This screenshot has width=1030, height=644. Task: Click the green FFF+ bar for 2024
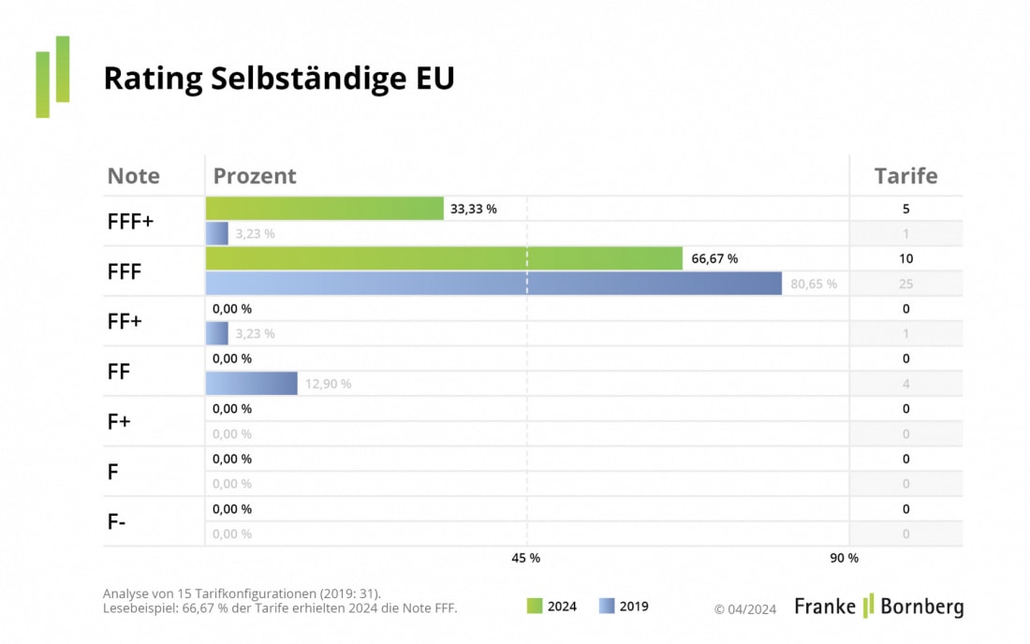[x=324, y=209]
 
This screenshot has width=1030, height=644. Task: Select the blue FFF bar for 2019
[x=493, y=284]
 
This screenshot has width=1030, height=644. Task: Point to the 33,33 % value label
[x=474, y=210]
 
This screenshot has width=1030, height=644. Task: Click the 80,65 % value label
[x=814, y=284]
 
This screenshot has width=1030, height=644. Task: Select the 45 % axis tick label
[x=525, y=558]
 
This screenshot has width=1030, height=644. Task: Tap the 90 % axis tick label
[x=844, y=558]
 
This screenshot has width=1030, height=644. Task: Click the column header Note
[x=134, y=176]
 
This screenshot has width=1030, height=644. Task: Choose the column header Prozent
[x=255, y=176]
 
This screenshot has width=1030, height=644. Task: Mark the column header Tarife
[x=905, y=176]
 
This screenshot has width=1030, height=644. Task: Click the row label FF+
[x=125, y=321]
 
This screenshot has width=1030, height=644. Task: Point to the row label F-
[x=117, y=522]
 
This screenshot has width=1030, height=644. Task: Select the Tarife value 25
[x=905, y=284]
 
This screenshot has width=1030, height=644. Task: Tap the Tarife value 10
[x=905, y=258]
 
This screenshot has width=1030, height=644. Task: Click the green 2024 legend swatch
[x=535, y=607]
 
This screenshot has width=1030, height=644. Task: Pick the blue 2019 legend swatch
[x=607, y=607]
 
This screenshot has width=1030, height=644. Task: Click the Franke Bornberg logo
[x=878, y=607]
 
